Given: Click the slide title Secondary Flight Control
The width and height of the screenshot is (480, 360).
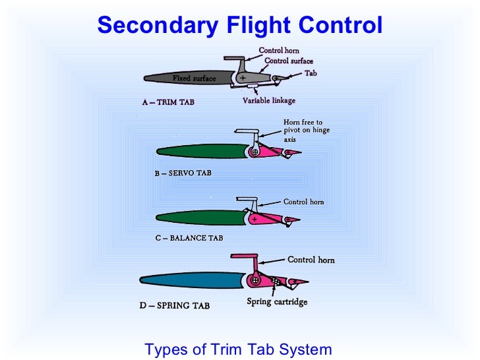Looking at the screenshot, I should [x=239, y=25].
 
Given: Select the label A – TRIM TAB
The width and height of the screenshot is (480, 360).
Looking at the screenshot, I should [x=168, y=102].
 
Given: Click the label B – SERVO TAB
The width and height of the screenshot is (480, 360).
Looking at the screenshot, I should [x=183, y=173].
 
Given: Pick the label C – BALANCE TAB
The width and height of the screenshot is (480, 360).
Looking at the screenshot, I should [x=190, y=238].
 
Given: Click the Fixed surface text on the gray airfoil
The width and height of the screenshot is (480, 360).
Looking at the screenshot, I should [x=194, y=78].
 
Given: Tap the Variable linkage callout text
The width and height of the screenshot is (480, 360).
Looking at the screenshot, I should [x=269, y=101].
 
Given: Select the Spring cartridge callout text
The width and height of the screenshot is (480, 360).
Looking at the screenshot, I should [x=277, y=303].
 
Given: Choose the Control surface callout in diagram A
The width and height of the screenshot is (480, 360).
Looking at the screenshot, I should [x=288, y=61].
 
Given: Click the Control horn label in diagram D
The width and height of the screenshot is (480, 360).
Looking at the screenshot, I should [x=311, y=260].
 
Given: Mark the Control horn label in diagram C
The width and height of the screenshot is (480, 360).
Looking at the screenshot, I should [x=303, y=202].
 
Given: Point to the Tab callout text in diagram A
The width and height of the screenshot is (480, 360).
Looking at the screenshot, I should [x=310, y=73].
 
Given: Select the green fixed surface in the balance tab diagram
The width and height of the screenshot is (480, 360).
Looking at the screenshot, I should [x=198, y=217].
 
